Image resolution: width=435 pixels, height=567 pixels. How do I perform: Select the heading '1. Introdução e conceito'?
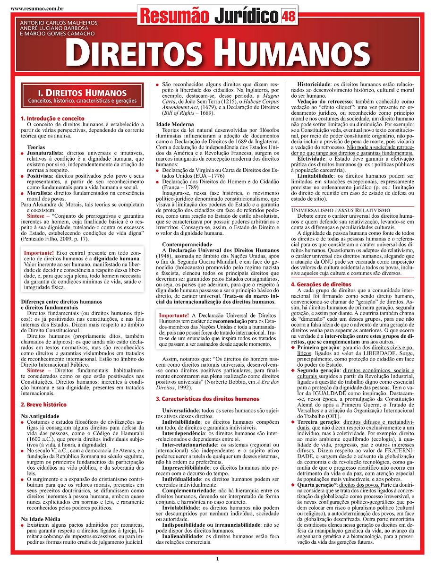click(52, 118)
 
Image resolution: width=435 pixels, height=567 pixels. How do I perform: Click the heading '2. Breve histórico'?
click(44, 404)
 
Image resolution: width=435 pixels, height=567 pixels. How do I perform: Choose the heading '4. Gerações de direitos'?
click(321, 284)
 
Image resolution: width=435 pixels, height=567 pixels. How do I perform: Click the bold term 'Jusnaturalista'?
click(44, 154)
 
